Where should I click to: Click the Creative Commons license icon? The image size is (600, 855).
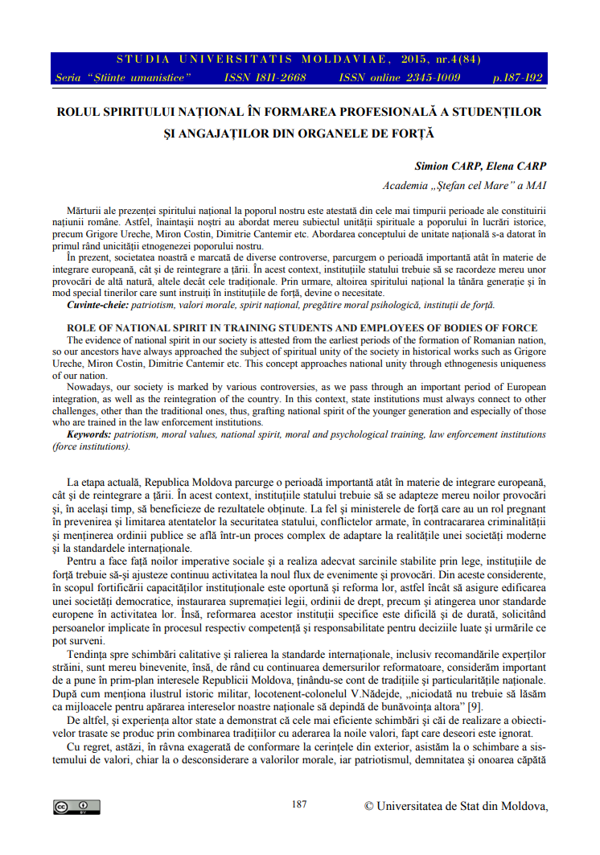tap(77, 807)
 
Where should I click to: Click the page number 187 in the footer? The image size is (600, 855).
tap(299, 804)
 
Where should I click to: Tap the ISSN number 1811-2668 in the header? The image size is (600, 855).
tap(277, 77)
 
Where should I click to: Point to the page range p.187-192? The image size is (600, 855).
tap(517, 77)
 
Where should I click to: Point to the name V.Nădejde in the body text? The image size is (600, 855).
tap(369, 693)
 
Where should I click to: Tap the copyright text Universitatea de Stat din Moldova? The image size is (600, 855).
tap(462, 805)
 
